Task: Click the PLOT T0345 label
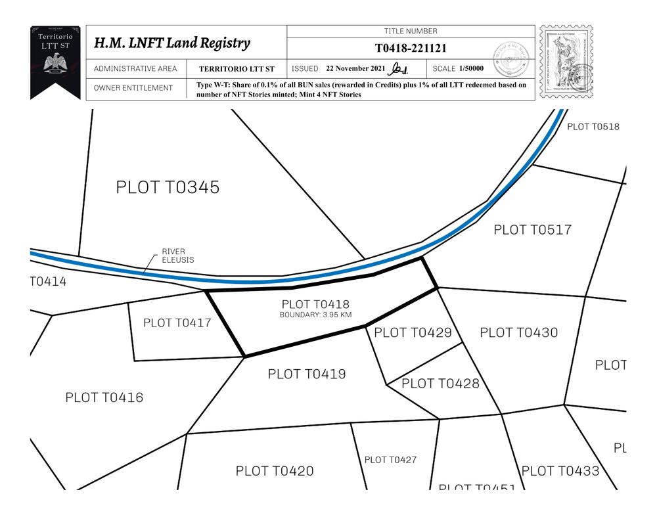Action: (168, 187)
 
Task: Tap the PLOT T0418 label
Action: (315, 304)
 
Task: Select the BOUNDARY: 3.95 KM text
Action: (315, 315)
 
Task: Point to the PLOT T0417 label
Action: (177, 323)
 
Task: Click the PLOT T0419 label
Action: (307, 374)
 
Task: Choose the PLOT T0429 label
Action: (413, 332)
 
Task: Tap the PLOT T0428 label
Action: (440, 383)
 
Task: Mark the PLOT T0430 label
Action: (518, 332)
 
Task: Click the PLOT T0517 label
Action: (532, 229)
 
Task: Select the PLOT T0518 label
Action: (593, 127)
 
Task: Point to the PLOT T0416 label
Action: (104, 397)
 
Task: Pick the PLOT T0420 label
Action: (275, 471)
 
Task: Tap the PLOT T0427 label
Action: (390, 460)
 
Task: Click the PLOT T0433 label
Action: (560, 470)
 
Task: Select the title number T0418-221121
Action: (411, 48)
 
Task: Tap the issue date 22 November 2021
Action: (355, 68)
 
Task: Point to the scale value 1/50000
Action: (472, 68)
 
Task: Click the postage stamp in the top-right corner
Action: (566, 62)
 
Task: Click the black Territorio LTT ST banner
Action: (55, 59)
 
